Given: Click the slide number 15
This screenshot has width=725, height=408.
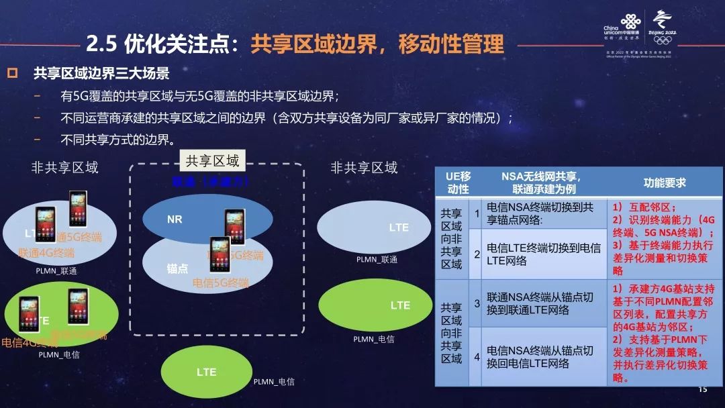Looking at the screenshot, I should (703, 390).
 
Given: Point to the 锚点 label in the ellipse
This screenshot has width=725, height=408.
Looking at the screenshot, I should (177, 268).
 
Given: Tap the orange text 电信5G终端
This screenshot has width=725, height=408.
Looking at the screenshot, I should (220, 283).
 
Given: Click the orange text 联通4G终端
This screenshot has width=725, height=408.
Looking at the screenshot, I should (47, 253).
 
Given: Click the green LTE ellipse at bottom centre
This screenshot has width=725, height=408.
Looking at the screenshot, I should (207, 372).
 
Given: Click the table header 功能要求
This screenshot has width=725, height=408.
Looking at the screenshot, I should (665, 183).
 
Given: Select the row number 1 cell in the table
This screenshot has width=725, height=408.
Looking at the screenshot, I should (477, 213).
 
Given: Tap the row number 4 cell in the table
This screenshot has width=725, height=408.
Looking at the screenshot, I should (477, 357).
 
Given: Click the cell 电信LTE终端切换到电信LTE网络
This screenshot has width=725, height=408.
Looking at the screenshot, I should (543, 254).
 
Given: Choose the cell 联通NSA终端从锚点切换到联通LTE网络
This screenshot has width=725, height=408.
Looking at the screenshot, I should (543, 303).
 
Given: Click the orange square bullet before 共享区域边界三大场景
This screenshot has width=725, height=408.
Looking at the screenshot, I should (11, 73).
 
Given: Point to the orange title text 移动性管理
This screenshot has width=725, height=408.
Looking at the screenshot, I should (450, 44).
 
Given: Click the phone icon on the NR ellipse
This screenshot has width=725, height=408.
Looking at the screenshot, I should (234, 225).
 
